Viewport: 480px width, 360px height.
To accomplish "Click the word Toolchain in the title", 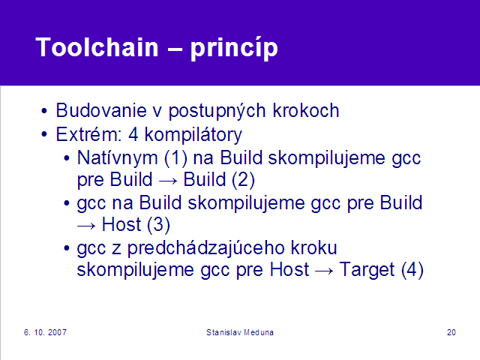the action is (97, 47).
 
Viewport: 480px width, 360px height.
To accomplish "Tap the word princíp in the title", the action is (234, 48).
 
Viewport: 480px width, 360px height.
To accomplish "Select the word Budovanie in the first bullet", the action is (101, 110).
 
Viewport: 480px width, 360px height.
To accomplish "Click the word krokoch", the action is (306, 110).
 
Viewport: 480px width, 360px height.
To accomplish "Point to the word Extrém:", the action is (88, 134).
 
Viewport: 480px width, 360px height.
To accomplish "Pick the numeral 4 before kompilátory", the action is (133, 134).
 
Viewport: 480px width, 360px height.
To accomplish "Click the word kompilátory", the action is (193, 135).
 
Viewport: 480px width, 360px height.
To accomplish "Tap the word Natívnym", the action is (118, 158).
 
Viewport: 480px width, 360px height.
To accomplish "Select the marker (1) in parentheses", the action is (175, 158).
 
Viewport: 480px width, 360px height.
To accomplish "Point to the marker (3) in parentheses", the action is (158, 225).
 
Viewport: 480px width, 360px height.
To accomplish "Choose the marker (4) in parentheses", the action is (412, 270).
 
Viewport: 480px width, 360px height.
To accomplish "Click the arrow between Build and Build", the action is (168, 181).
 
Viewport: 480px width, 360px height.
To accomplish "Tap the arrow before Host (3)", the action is (86, 226).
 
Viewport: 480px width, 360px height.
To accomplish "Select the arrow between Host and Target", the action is (324, 271).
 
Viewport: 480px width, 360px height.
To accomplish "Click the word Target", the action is (367, 270).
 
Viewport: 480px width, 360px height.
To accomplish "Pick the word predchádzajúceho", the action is (232, 248).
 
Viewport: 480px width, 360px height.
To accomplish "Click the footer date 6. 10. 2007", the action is (45, 332).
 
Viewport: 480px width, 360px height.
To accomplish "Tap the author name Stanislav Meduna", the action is (240, 332).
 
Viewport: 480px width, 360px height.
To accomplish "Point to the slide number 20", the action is (451, 332).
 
